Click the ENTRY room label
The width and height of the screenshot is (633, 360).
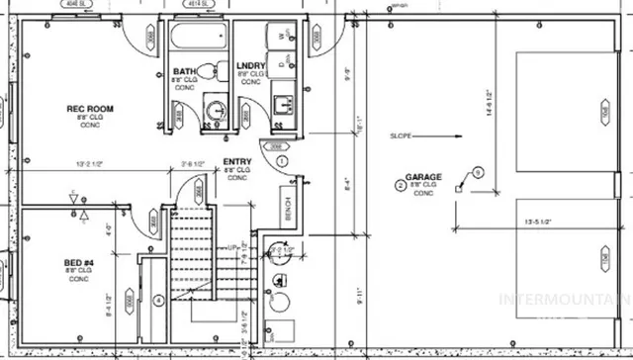point(236,161)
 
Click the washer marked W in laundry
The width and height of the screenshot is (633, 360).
point(282,36)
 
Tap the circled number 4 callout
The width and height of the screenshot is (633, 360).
point(159,301)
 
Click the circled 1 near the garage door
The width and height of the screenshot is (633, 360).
point(282,160)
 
